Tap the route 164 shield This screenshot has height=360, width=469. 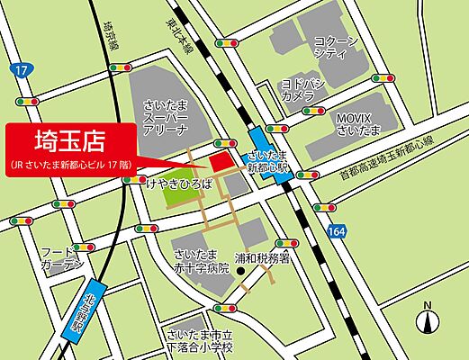click(334, 231)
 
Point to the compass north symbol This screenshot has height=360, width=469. click(428, 318)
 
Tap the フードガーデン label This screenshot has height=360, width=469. click(61, 259)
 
